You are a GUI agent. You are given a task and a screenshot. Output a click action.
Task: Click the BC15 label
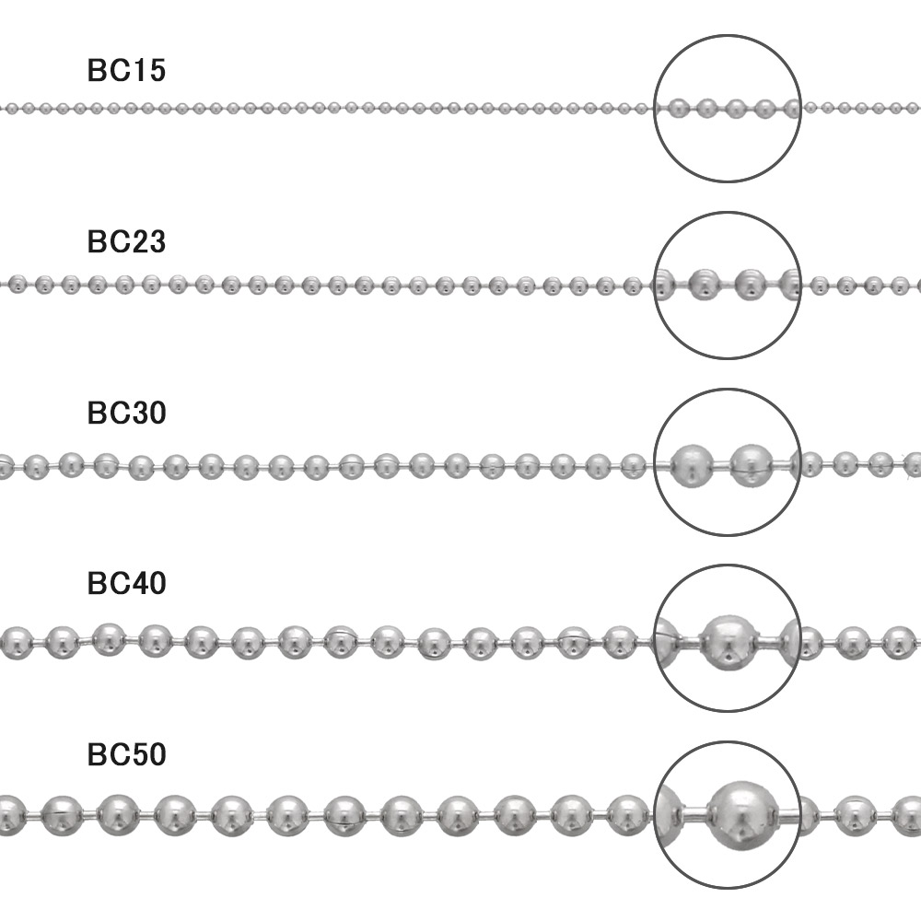126,71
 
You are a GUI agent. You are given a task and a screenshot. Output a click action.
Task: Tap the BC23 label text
126,241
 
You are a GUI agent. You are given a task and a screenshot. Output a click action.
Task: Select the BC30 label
126,413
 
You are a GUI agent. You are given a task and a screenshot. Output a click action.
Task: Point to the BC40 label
126,583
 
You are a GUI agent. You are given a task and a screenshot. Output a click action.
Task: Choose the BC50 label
126,754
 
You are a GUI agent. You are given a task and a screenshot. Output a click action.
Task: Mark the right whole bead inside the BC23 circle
751,285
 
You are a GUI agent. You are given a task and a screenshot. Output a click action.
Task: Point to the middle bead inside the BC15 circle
735,108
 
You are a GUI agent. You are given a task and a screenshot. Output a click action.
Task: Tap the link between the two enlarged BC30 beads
722,467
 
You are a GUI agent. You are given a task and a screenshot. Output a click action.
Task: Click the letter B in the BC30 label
98,413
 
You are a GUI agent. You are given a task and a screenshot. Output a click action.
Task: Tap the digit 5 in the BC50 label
138,754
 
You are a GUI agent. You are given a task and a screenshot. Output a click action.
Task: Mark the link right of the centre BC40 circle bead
768,640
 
